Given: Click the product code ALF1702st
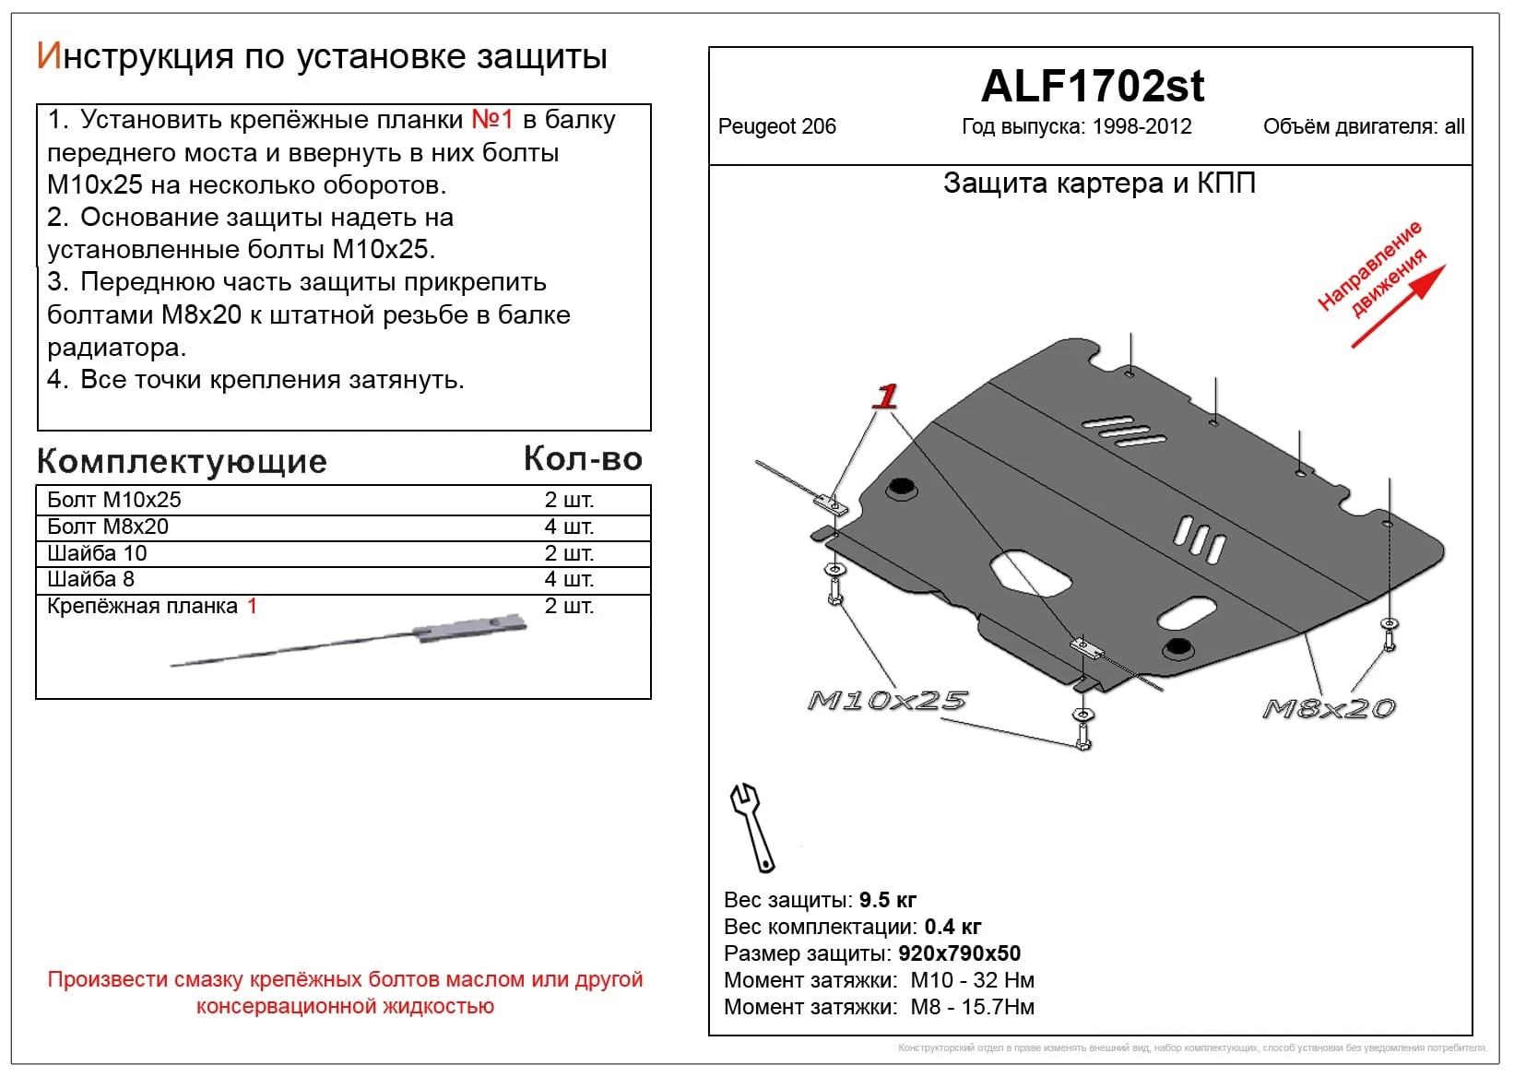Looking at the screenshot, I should click(x=1092, y=87).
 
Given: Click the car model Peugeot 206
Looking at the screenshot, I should click(x=776, y=127).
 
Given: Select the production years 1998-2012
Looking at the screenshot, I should click(x=1141, y=127).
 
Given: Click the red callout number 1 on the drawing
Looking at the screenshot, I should click(x=886, y=396).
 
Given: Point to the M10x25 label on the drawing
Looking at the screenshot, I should click(x=887, y=701).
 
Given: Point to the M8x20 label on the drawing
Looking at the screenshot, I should click(x=1329, y=708).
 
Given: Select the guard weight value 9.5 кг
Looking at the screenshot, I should click(x=887, y=900).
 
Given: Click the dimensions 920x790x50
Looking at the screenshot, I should click(x=959, y=953).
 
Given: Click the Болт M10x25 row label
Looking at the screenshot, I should click(x=114, y=500).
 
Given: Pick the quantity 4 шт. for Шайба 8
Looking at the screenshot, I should click(x=569, y=579).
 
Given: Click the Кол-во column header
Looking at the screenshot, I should click(x=583, y=459).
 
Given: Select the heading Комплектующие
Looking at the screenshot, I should click(x=182, y=461).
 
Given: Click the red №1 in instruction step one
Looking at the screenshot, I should click(x=491, y=120).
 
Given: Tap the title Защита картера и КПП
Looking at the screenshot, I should click(x=1099, y=183).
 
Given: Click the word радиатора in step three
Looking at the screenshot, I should click(x=116, y=348).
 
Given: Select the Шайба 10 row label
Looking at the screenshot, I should click(x=97, y=553).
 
